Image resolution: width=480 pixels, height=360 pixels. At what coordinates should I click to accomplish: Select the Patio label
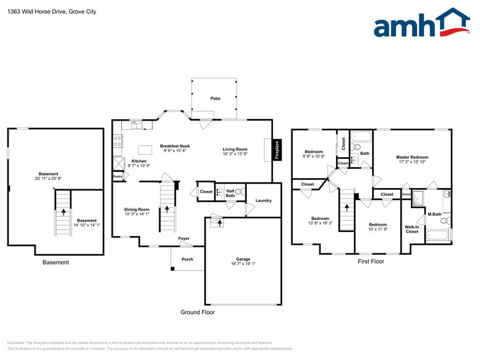(215, 98)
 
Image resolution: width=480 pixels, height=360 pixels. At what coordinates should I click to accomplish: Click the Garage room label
(243, 259)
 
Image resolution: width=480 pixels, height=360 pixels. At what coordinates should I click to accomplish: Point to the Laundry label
(263, 201)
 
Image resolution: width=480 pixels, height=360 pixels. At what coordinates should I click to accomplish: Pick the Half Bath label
(230, 193)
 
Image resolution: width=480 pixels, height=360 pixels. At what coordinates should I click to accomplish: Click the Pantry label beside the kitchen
(118, 177)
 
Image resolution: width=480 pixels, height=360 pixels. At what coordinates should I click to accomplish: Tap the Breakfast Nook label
(174, 146)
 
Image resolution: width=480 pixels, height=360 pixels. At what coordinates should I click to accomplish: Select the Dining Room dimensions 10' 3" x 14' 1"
(137, 214)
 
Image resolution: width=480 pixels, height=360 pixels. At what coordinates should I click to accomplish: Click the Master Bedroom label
(412, 157)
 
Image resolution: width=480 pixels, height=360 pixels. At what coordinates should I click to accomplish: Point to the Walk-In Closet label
(412, 229)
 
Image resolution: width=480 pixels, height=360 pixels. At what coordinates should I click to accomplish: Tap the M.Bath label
(435, 214)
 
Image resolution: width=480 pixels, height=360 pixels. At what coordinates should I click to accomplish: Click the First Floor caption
(371, 261)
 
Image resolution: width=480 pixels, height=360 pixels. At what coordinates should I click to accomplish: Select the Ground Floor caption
(197, 312)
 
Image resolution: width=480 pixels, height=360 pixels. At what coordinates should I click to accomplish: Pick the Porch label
(187, 259)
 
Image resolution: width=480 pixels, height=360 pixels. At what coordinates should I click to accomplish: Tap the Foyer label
(184, 238)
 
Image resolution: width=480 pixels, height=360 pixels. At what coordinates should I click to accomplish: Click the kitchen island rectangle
(145, 149)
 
